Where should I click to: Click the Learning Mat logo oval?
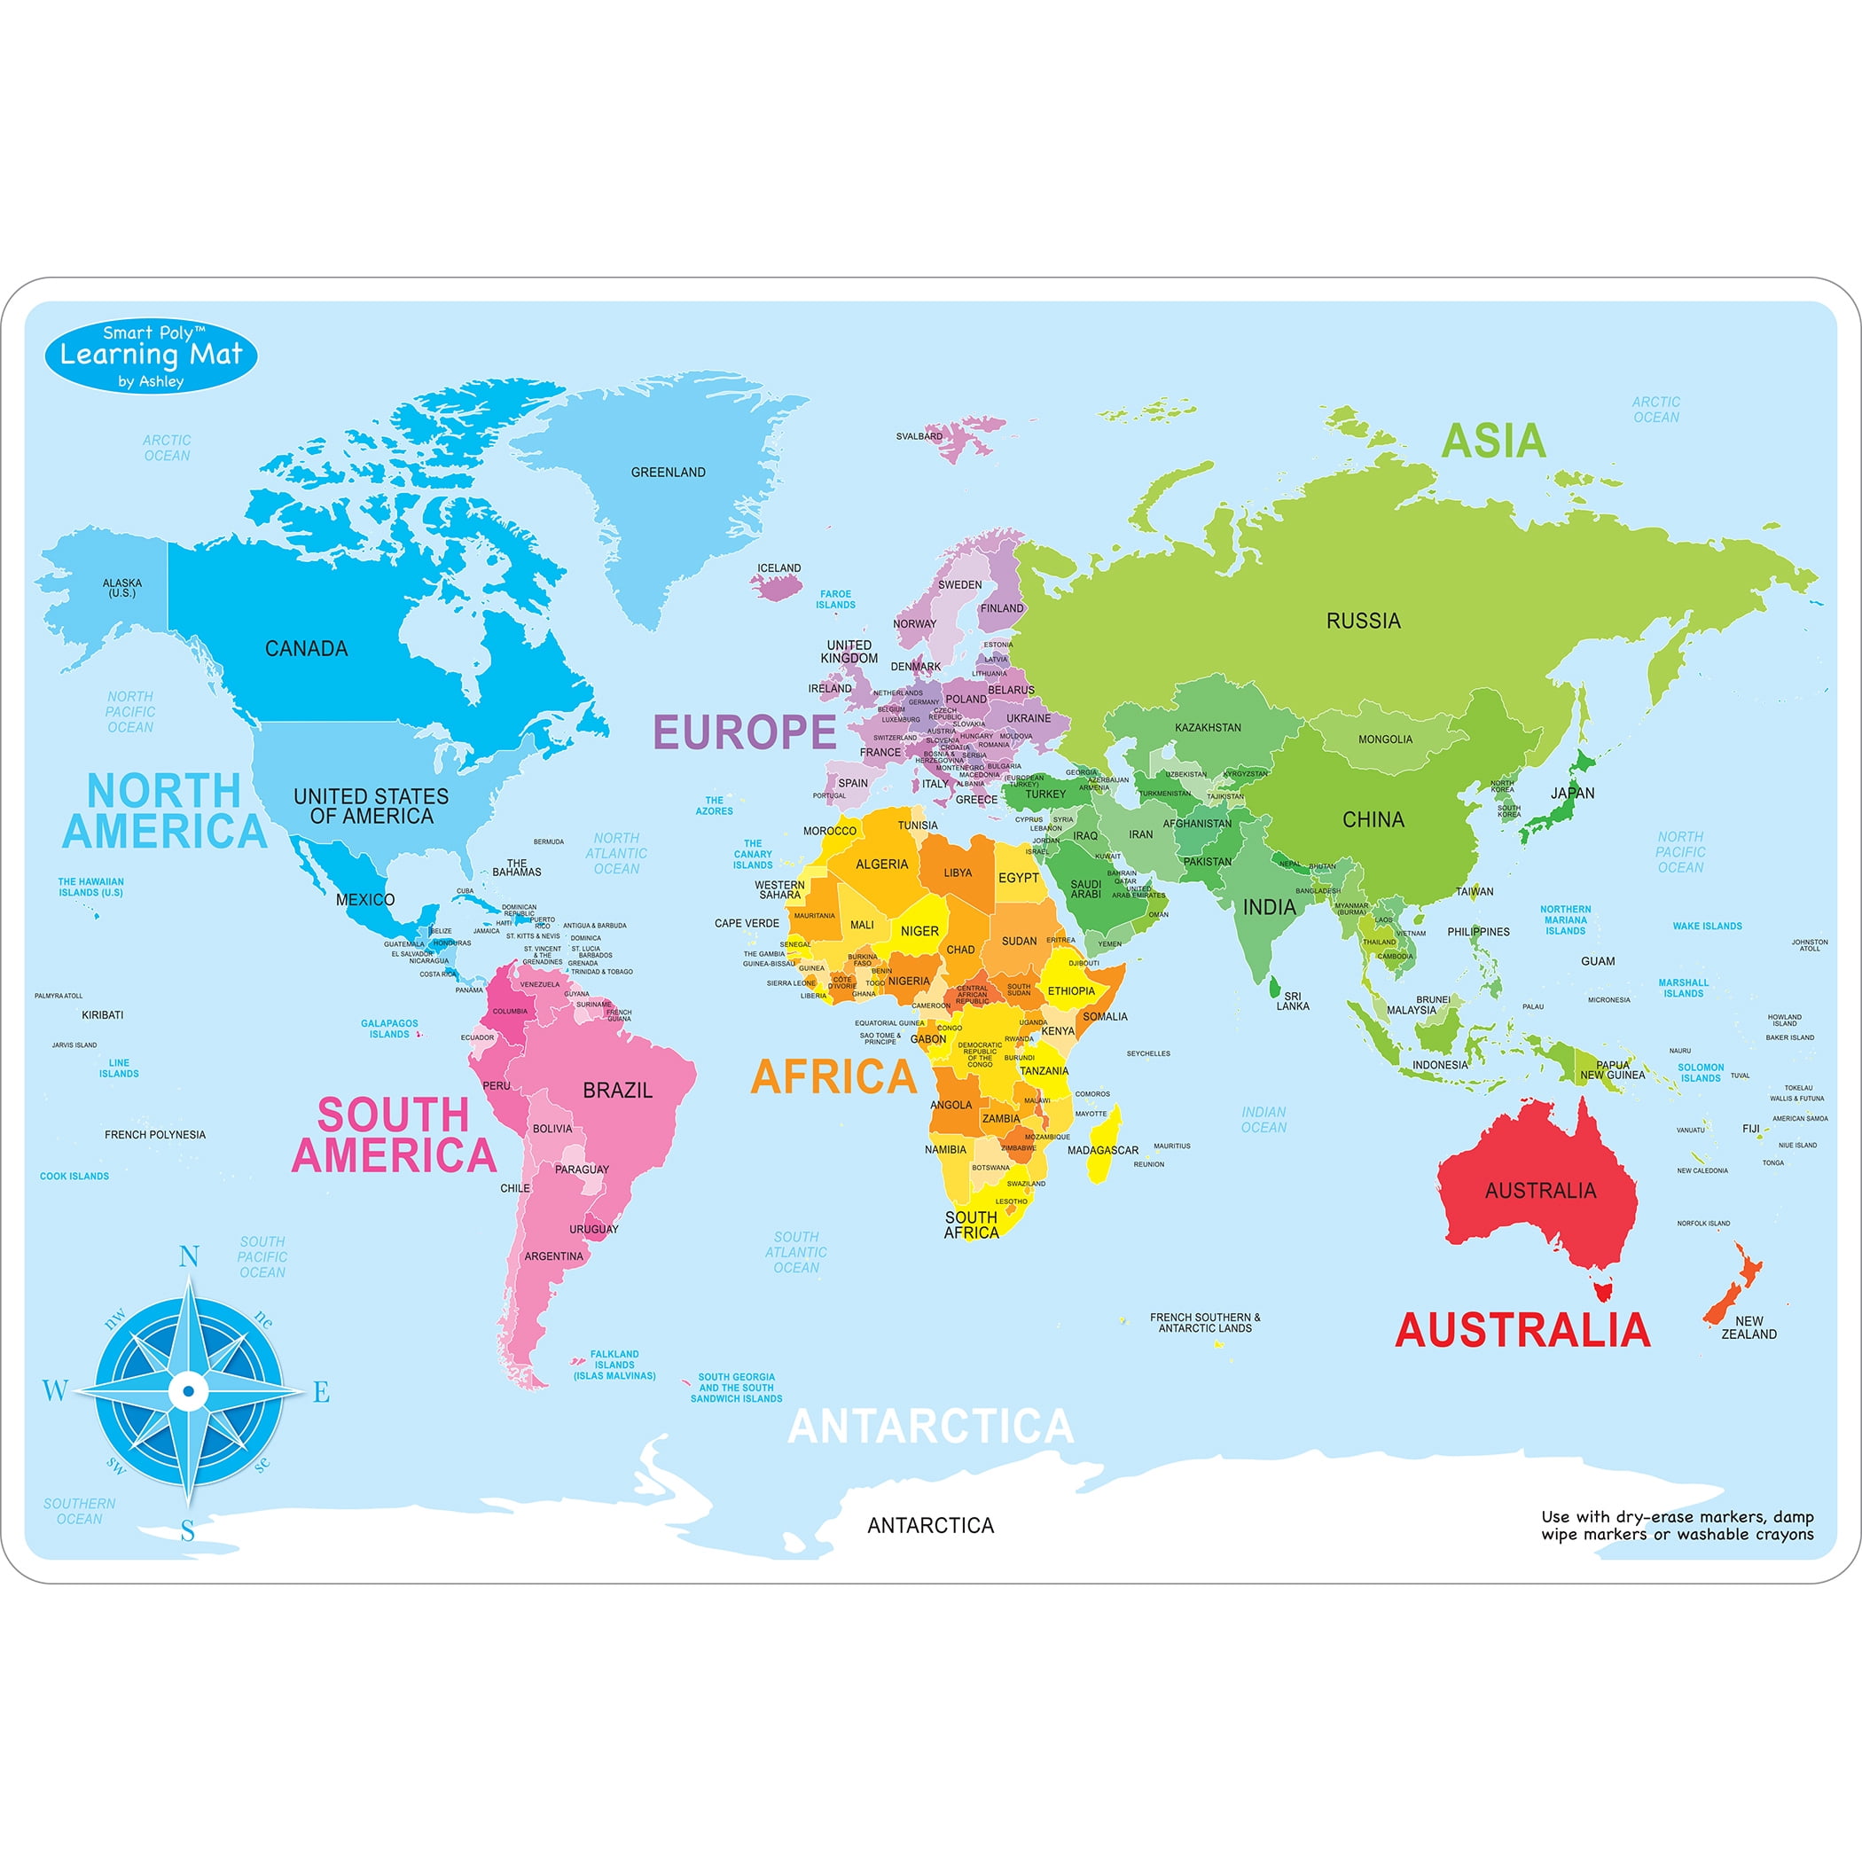[x=152, y=356]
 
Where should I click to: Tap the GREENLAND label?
[x=668, y=473]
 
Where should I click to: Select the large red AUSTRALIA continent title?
[x=1522, y=1330]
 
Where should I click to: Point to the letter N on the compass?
[x=189, y=1256]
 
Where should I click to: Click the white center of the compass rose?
[x=189, y=1390]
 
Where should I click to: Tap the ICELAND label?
[x=778, y=567]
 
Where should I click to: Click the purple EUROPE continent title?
[x=745, y=732]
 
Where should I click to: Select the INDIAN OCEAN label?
[x=1263, y=1119]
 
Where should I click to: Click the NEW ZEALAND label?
[x=1749, y=1327]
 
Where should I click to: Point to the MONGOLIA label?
[x=1385, y=739]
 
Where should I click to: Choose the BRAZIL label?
[x=618, y=1090]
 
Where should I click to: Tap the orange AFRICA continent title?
[x=833, y=1076]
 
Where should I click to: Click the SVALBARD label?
[x=919, y=436]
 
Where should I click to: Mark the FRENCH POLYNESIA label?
[x=155, y=1134]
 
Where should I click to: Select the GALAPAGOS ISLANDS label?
[x=389, y=1029]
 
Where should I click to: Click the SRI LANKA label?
[x=1293, y=1000]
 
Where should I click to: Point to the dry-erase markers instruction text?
[x=1677, y=1526]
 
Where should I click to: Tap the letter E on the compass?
[x=321, y=1392]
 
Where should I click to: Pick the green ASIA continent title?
[x=1493, y=442]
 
